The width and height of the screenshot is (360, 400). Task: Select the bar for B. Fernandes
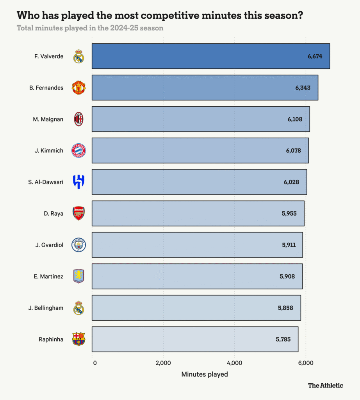coord(205,88)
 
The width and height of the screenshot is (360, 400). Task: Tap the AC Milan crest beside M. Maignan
coord(78,119)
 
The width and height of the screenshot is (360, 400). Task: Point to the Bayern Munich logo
coord(78,151)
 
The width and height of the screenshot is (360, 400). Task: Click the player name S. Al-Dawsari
coord(46,182)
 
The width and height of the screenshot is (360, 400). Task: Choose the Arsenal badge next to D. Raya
coord(78,213)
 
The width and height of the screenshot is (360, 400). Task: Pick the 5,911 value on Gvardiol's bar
coord(289,245)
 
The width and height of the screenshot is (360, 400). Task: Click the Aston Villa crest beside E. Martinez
coord(78,276)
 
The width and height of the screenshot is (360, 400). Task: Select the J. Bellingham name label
coord(46,308)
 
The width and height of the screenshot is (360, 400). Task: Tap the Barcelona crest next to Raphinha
coord(78,339)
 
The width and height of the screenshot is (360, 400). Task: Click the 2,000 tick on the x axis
coord(163,363)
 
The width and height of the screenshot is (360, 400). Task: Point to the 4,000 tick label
coord(234,363)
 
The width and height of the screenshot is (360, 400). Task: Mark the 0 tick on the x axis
coord(94,363)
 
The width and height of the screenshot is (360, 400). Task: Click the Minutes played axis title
coord(205,374)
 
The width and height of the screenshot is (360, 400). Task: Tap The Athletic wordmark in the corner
coord(325,386)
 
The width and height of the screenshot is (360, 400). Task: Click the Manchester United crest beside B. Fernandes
coord(78,88)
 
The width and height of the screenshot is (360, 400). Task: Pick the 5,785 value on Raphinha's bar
coord(283,339)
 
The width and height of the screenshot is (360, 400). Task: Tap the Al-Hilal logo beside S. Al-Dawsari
coord(78,182)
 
